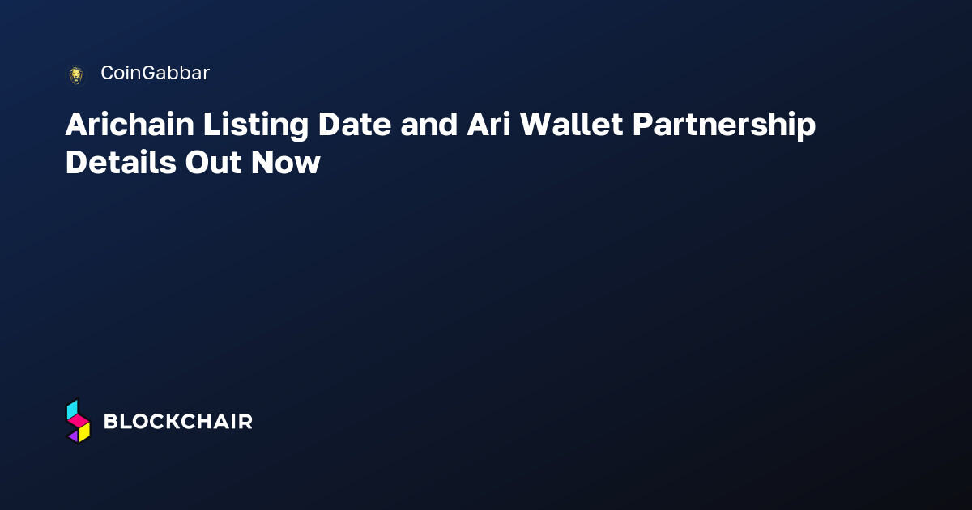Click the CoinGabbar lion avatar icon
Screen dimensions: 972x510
point(76,76)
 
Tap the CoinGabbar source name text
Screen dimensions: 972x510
point(156,73)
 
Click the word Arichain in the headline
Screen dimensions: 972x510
point(130,125)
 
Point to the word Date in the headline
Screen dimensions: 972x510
point(355,125)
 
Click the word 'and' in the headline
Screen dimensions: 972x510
point(428,125)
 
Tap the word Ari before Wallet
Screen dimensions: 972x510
point(488,125)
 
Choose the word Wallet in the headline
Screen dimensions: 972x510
point(572,125)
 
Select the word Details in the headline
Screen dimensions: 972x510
point(121,163)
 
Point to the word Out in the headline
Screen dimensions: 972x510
point(213,163)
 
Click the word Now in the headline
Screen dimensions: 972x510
point(285,163)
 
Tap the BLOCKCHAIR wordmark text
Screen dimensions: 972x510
point(178,422)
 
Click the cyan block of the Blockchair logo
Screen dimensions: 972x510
point(72,409)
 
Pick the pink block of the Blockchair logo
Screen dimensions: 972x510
point(79,421)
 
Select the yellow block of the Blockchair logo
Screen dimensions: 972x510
point(84,432)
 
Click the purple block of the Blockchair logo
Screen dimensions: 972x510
point(74,436)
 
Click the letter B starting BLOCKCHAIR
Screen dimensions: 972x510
point(111,422)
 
